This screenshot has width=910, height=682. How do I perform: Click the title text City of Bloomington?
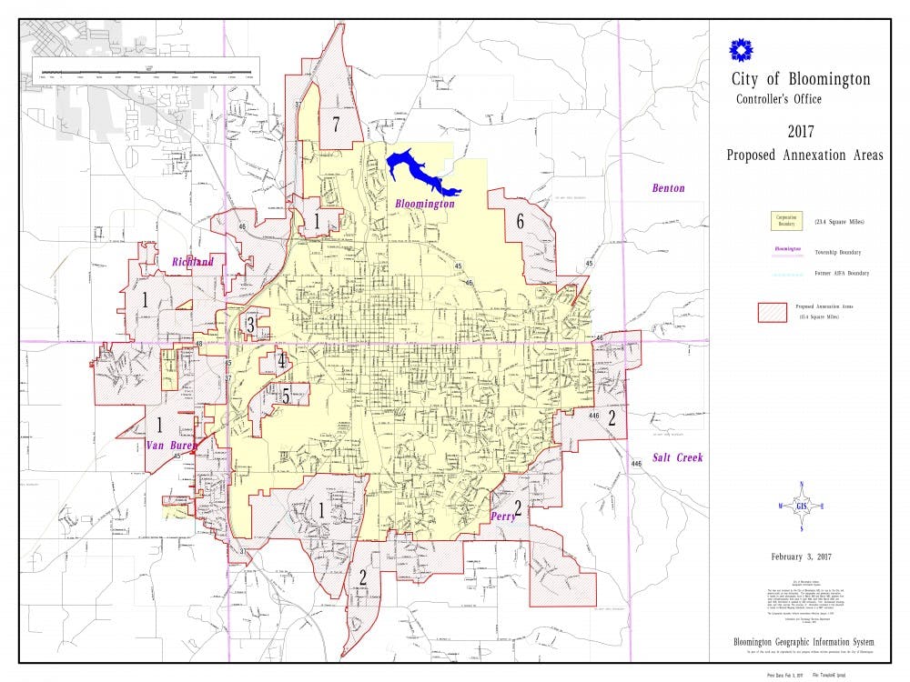tap(800, 79)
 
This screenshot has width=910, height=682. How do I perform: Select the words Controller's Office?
tap(778, 99)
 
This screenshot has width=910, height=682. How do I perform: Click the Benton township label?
tap(668, 188)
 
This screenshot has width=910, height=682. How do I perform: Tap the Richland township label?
tap(193, 262)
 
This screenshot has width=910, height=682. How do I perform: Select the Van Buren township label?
tap(171, 446)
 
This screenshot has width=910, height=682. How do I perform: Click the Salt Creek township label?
tap(677, 457)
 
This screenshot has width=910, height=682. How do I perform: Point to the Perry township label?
tap(503, 516)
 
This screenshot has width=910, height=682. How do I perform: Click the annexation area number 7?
tap(336, 125)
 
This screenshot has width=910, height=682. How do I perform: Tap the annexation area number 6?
tap(520, 221)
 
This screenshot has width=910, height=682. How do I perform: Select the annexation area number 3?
tap(250, 324)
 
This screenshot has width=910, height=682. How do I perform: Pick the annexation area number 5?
tap(286, 396)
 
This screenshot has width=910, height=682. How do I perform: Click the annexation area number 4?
tap(282, 361)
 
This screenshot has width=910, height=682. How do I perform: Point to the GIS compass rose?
tap(801, 506)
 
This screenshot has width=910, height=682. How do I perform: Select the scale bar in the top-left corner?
tap(146, 70)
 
